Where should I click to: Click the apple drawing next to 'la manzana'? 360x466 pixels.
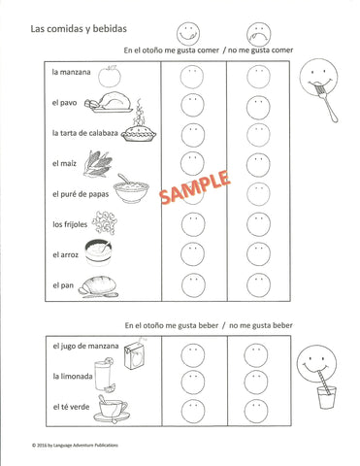112,72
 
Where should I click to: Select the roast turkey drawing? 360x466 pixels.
103,103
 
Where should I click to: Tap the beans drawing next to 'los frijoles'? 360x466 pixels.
104,224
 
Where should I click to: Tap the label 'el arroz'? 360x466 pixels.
67,255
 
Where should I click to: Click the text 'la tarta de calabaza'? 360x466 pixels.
84,133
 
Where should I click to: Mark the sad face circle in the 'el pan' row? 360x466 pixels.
258,287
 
